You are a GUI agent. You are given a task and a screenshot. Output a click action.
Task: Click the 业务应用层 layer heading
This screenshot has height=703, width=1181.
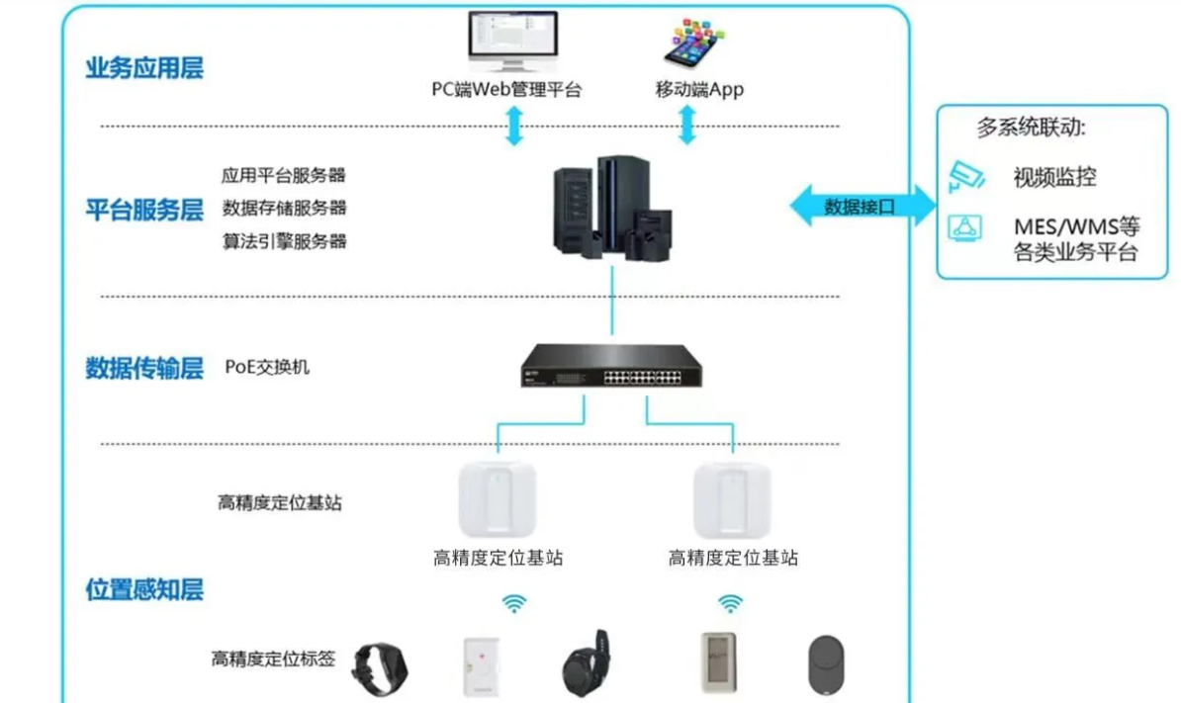(144, 69)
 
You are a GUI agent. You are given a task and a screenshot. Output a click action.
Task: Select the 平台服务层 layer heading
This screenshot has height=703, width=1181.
(144, 210)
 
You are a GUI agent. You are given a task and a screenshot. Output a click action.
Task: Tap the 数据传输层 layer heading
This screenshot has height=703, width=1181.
(144, 369)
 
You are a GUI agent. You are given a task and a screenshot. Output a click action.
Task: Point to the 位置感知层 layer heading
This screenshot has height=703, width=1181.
(144, 590)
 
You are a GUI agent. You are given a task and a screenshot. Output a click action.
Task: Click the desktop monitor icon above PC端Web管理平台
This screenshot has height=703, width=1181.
(512, 40)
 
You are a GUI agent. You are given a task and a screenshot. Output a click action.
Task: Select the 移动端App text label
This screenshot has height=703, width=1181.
(699, 90)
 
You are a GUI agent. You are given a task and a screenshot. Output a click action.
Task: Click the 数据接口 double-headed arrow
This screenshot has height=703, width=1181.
(861, 206)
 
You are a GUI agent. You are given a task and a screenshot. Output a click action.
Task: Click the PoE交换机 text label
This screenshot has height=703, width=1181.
(267, 368)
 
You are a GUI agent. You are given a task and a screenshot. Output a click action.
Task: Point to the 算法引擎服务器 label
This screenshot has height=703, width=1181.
(284, 241)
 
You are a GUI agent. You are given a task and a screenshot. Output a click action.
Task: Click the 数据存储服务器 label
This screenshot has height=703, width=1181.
(284, 209)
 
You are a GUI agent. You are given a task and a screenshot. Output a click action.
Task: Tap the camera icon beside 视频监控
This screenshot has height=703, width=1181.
(966, 176)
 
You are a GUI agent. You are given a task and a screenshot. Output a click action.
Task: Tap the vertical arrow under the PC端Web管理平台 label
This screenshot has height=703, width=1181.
(514, 127)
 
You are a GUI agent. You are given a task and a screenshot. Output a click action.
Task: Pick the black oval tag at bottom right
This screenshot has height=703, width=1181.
(826, 661)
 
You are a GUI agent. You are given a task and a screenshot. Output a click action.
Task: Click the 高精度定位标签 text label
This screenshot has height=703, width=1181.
(273, 659)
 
